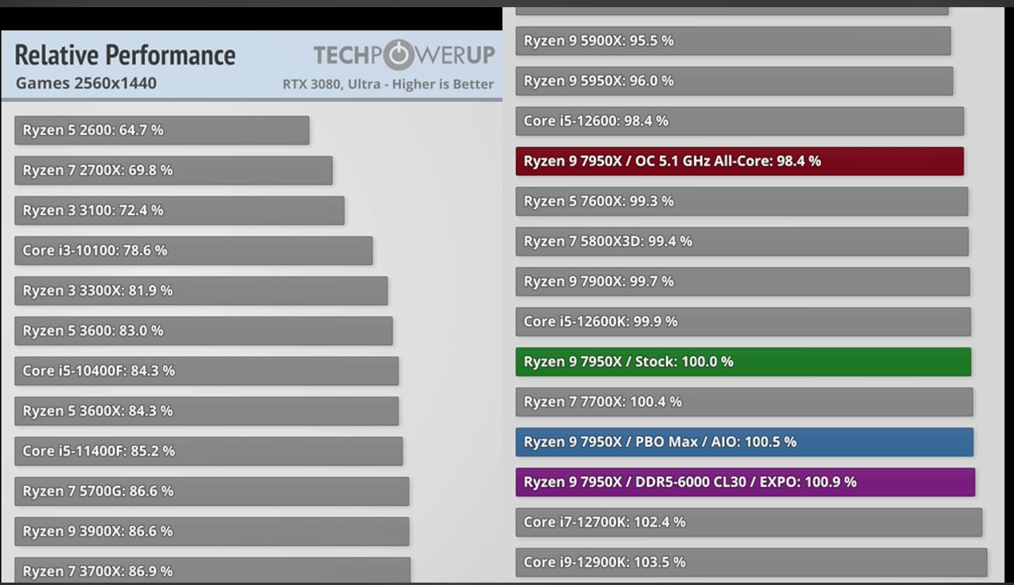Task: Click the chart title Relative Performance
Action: click(x=125, y=55)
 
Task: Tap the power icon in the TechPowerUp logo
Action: click(x=398, y=55)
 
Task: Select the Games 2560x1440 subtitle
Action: click(x=86, y=83)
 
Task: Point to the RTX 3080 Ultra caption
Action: click(x=388, y=84)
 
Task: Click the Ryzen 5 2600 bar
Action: click(x=162, y=130)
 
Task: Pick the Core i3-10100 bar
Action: click(x=194, y=250)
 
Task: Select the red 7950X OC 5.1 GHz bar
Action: click(x=739, y=161)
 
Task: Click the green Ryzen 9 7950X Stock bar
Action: click(x=743, y=362)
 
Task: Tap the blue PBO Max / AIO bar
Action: click(x=744, y=442)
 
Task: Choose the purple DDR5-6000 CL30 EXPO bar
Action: click(x=745, y=482)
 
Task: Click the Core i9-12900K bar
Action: click(x=751, y=562)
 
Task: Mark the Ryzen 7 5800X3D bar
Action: click(x=741, y=241)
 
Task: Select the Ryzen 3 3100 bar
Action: click(x=179, y=210)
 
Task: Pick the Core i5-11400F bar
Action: click(x=208, y=451)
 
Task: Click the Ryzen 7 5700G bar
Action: click(x=211, y=491)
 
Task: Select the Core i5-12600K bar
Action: click(x=743, y=321)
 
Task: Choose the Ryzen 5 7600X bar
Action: click(x=741, y=201)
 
